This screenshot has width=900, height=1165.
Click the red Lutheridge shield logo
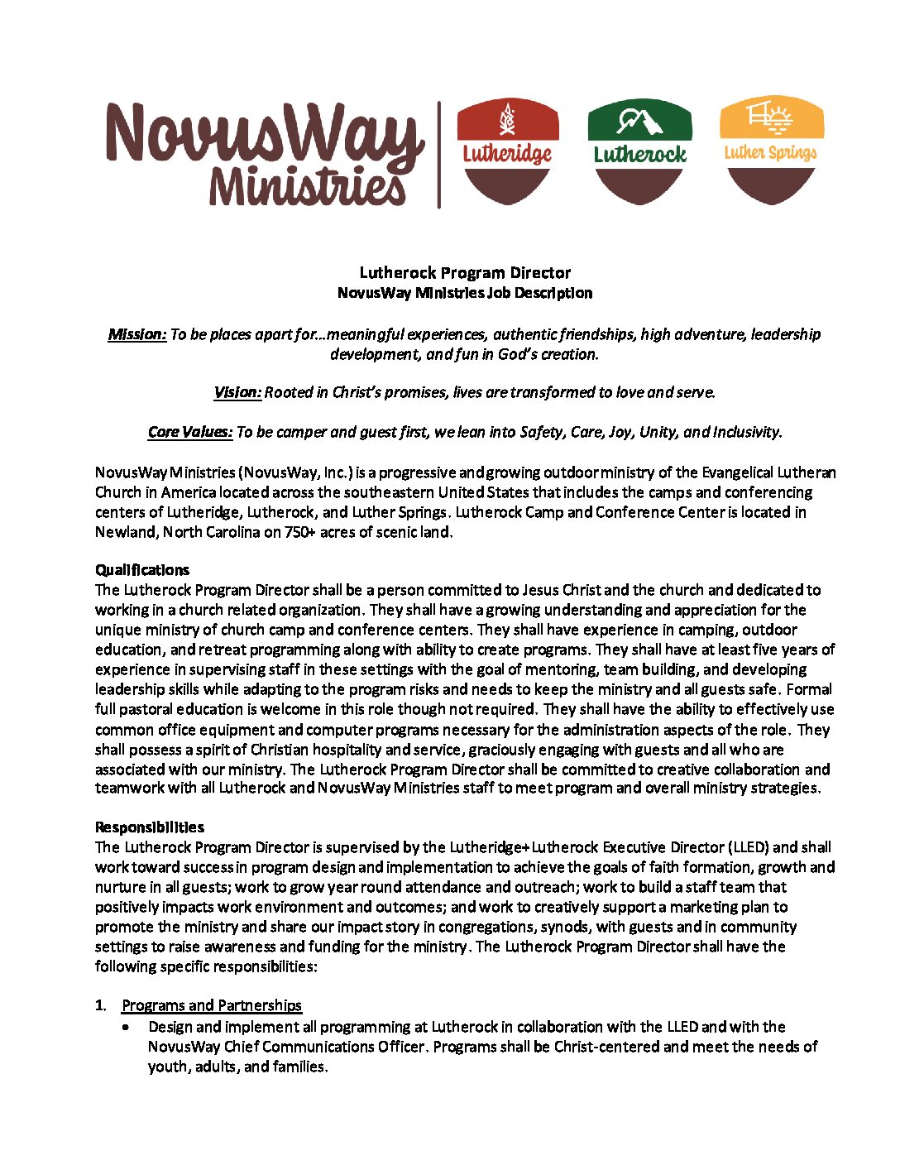pos(508,151)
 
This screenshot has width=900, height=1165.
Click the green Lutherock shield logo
pos(639,151)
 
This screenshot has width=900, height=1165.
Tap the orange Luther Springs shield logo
pos(771,151)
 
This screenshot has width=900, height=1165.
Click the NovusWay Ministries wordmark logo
pos(265,154)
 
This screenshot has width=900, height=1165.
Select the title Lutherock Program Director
pos(465,273)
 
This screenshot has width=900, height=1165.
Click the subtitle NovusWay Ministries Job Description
pos(465,293)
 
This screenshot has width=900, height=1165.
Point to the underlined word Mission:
pos(137,334)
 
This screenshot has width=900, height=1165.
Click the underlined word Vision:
pos(237,392)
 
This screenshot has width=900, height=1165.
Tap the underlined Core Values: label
pos(190,432)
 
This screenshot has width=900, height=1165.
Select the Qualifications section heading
pos(142,570)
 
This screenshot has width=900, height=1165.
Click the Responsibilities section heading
pos(150,827)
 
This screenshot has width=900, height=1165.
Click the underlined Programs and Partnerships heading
pos(212,1005)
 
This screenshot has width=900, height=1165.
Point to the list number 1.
pos(100,1005)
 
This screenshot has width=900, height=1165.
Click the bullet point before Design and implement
pos(126,1027)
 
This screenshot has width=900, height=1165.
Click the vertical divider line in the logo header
pos(439,155)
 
